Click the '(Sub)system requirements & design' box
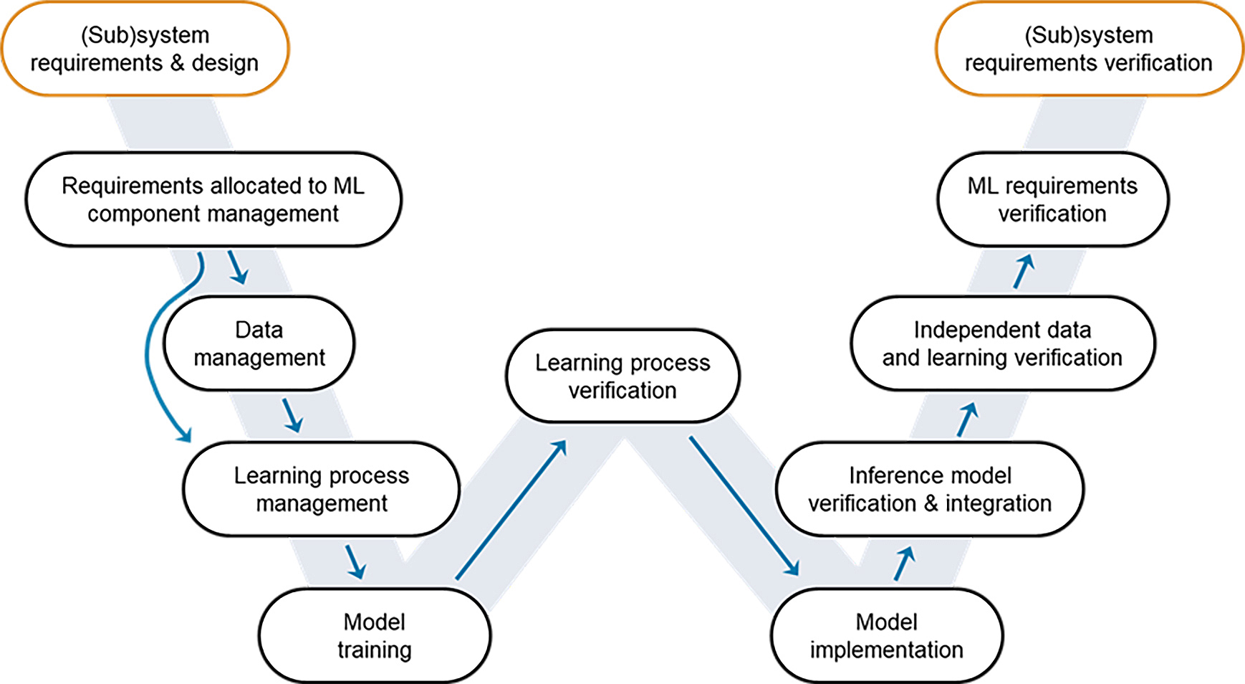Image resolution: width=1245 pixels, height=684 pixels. (145, 49)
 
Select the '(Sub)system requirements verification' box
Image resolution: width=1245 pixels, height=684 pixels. (1088, 49)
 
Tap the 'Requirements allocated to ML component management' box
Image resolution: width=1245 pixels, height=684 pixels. (213, 199)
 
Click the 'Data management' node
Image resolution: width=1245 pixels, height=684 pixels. (259, 343)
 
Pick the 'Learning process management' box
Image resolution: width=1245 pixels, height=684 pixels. (321, 489)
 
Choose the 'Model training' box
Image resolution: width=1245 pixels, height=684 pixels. (374, 635)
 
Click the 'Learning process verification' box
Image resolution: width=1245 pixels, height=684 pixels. (622, 376)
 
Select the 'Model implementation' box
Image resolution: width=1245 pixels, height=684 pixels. (886, 635)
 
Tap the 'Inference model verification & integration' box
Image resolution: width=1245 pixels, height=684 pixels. (930, 489)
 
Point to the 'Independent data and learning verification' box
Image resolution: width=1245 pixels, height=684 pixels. (1002, 343)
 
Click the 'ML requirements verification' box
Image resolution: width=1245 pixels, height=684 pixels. (1052, 199)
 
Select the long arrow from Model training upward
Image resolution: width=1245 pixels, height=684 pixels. (511, 510)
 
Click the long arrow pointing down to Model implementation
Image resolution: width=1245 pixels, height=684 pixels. (744, 505)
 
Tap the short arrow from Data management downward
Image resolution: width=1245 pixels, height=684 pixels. (292, 416)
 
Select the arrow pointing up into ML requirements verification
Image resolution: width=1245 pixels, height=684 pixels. (1024, 272)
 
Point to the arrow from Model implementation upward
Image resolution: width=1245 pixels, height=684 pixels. (904, 564)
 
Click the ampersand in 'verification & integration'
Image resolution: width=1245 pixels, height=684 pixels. (931, 503)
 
